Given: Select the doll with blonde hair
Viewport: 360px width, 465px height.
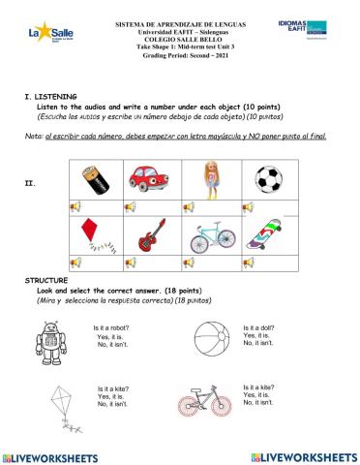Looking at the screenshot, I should click(210, 178).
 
